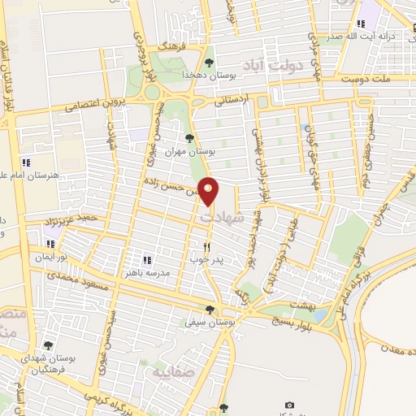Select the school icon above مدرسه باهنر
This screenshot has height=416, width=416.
(147, 260)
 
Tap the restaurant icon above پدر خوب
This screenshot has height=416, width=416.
(207, 247)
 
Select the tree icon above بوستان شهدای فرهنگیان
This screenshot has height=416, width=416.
(48, 346)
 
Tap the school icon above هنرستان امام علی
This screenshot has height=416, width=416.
(26, 162)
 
